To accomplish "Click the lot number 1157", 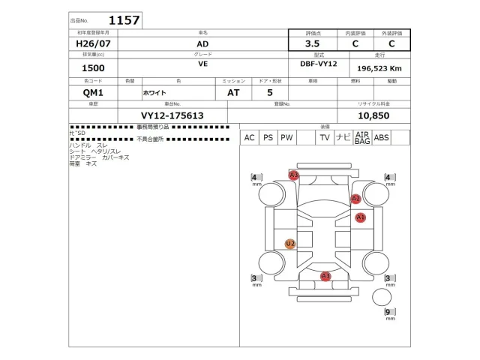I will tap(124, 20).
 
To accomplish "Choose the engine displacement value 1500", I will tap(93, 68).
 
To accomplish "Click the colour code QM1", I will tap(94, 93).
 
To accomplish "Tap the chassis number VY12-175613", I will tap(172, 115).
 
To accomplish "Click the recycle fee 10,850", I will tap(374, 115).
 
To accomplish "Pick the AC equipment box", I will tap(249, 138).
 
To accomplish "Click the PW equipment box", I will tap(286, 138).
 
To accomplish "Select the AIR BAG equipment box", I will tap(362, 138).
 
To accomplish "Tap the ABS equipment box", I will tap(382, 138).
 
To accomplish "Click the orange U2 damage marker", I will tap(290, 244).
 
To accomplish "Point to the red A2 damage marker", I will tap(356, 199).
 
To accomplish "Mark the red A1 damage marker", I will tap(361, 217).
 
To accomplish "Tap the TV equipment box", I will tap(325, 138).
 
